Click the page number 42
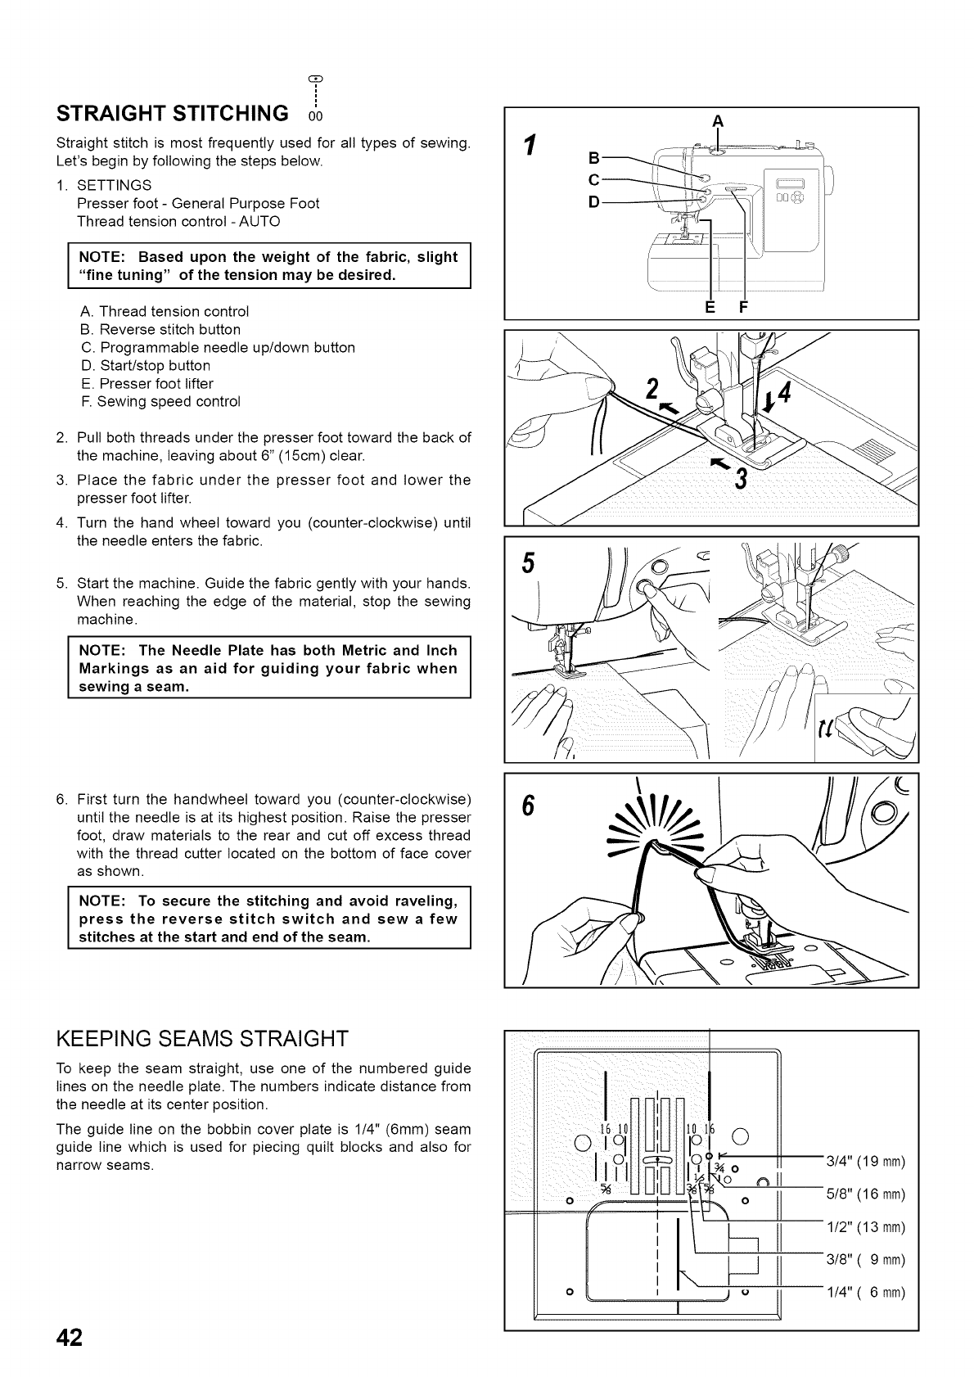point(70,1337)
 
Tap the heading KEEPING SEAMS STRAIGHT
point(202,1039)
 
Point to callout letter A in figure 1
point(717,120)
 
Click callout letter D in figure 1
point(595,201)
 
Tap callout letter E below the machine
point(710,307)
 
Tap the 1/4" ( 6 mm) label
point(864,1293)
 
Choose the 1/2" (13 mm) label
point(864,1226)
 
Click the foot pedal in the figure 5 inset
point(868,725)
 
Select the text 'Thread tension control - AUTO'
point(178,221)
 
